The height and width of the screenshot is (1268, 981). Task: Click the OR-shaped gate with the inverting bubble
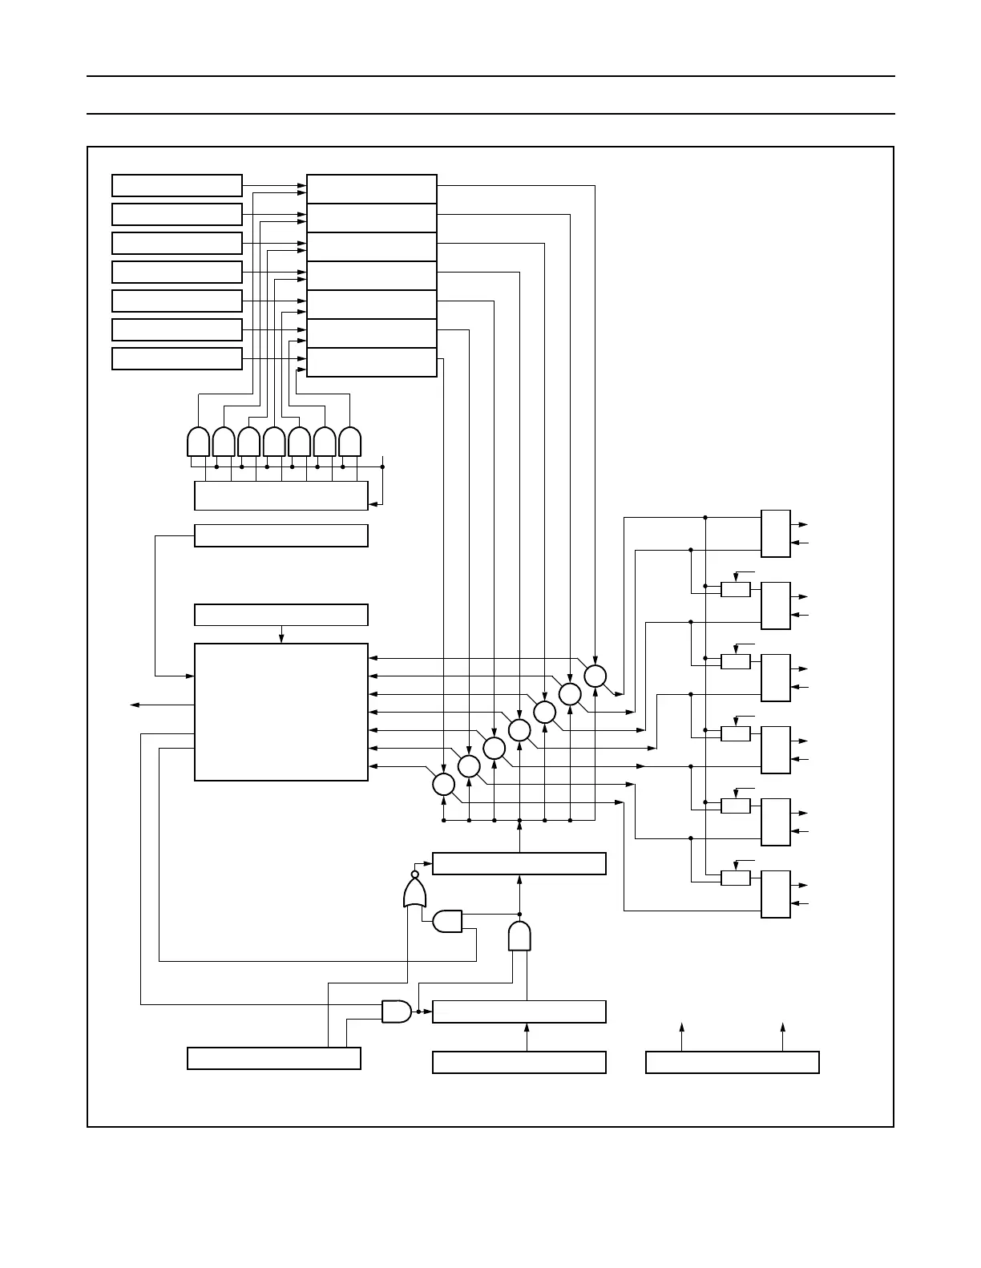tap(414, 893)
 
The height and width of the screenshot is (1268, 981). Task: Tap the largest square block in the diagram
tap(281, 712)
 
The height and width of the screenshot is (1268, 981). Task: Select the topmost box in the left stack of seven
tap(177, 185)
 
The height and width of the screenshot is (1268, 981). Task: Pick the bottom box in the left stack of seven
tap(177, 358)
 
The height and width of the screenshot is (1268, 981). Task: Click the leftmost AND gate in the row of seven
tap(198, 442)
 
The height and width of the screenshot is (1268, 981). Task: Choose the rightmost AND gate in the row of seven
tap(350, 442)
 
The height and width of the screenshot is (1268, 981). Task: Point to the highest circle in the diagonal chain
tap(595, 676)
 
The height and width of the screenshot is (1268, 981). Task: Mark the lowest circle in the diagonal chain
tap(443, 784)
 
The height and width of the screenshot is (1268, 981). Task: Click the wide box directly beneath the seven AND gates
tap(281, 495)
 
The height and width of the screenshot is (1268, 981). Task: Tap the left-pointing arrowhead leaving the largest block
tap(135, 705)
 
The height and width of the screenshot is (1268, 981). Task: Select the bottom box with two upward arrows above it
tap(732, 1062)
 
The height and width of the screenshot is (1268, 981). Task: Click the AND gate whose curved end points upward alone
tap(519, 936)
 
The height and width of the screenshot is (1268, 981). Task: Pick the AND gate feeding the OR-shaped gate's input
tap(447, 922)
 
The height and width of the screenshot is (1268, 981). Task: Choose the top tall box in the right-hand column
tap(775, 533)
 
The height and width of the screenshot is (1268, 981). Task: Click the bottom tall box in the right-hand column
tap(775, 894)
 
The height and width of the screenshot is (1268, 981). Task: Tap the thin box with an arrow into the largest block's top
tap(281, 615)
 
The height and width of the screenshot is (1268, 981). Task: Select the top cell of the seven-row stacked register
tap(372, 189)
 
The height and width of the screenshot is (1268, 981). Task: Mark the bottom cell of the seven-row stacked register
tap(372, 362)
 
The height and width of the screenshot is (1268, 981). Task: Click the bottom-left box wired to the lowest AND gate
tap(274, 1058)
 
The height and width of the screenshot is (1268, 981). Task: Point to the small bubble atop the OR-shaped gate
tap(414, 874)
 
